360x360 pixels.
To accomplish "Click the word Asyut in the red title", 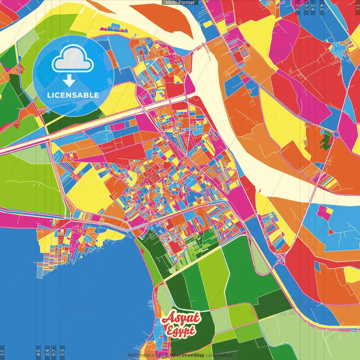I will tap(181, 318).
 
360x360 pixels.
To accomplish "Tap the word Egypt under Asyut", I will tap(180, 331).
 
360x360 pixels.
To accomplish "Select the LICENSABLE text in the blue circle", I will tap(73, 95).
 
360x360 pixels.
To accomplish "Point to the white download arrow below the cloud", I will tap(69, 80).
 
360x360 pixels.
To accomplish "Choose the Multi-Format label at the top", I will tap(180, 3).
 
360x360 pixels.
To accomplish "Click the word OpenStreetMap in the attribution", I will tap(187, 355).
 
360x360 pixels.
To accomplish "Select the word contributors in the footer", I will tap(219, 355).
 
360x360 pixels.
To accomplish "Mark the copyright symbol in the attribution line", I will tap(167, 355).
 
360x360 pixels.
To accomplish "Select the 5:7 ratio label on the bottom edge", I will tap(54, 352).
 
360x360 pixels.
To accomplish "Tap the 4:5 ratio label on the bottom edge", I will tap(38, 352).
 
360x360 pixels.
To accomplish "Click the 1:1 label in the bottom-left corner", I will tap(2, 352).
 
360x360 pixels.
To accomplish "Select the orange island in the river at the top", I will tap(169, 17).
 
